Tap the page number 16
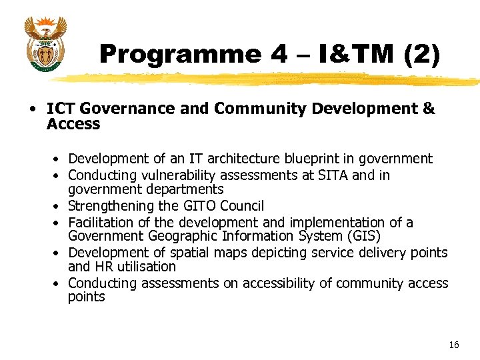(x=454, y=345)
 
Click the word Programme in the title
(x=179, y=55)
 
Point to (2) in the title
(x=421, y=55)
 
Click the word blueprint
(x=317, y=159)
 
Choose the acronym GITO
(x=199, y=206)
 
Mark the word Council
(x=241, y=206)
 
